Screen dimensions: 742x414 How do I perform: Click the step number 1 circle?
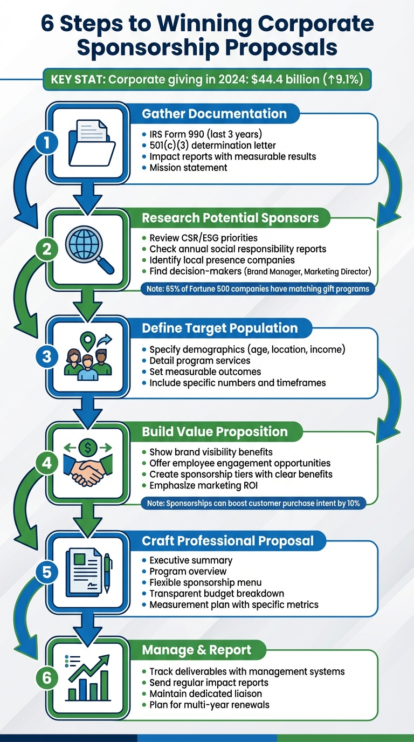pos(47,143)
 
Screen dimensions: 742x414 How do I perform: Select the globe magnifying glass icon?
pos(89,249)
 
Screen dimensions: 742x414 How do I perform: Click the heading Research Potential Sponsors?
pos(230,218)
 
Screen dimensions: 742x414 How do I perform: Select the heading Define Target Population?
pos(219,328)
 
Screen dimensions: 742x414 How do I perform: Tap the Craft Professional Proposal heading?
pos(227,540)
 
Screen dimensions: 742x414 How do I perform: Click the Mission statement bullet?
pos(188,168)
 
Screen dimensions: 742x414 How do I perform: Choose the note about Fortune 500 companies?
pos(258,289)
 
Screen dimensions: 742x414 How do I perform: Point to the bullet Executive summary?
pos(191,560)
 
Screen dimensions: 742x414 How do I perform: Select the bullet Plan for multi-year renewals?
pos(209,705)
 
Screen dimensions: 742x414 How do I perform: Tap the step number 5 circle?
pos(47,572)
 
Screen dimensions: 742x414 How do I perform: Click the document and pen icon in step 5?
pos(88,572)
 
